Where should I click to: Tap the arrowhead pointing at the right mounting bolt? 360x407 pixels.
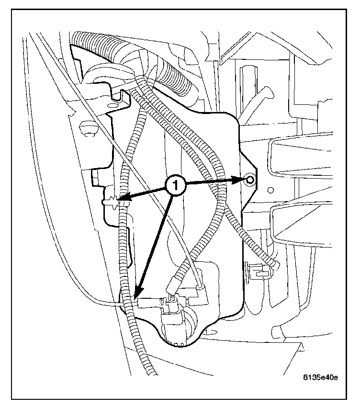(x=242, y=180)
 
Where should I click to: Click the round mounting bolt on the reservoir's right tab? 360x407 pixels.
(x=250, y=180)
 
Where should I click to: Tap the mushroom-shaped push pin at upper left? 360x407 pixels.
(x=86, y=127)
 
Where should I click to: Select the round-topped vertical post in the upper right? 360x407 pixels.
(x=247, y=86)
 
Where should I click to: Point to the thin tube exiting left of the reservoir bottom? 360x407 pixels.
(x=103, y=303)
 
